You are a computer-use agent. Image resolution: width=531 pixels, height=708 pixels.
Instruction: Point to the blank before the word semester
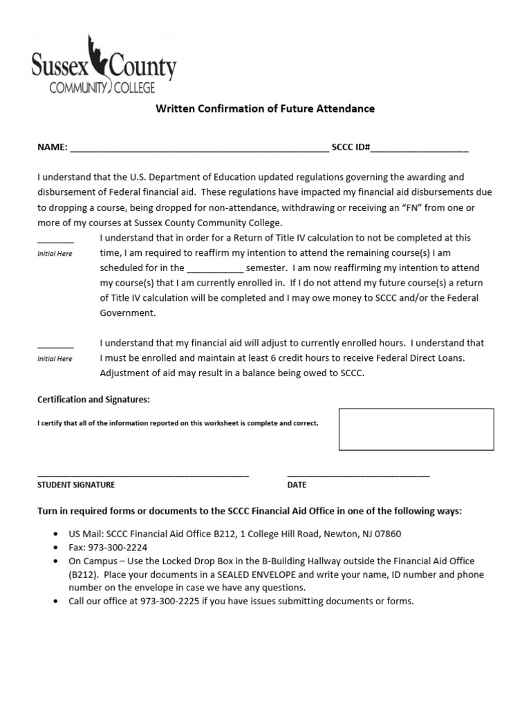coord(215,269)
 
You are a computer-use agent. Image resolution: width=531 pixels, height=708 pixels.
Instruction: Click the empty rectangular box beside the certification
coord(416,429)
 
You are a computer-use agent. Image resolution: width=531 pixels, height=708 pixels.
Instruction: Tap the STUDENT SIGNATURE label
coord(76,485)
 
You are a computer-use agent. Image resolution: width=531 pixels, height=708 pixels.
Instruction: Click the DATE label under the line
coord(297,485)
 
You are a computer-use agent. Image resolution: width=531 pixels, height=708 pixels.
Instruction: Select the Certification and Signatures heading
coord(93,400)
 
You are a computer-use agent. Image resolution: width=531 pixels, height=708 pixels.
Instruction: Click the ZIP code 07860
coord(386,534)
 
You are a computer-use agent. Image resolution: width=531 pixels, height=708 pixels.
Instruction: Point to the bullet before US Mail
coord(55,535)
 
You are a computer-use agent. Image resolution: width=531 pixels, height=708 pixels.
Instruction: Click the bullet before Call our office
coord(55,602)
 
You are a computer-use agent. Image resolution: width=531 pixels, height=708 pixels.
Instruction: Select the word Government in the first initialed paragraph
coord(128,313)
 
